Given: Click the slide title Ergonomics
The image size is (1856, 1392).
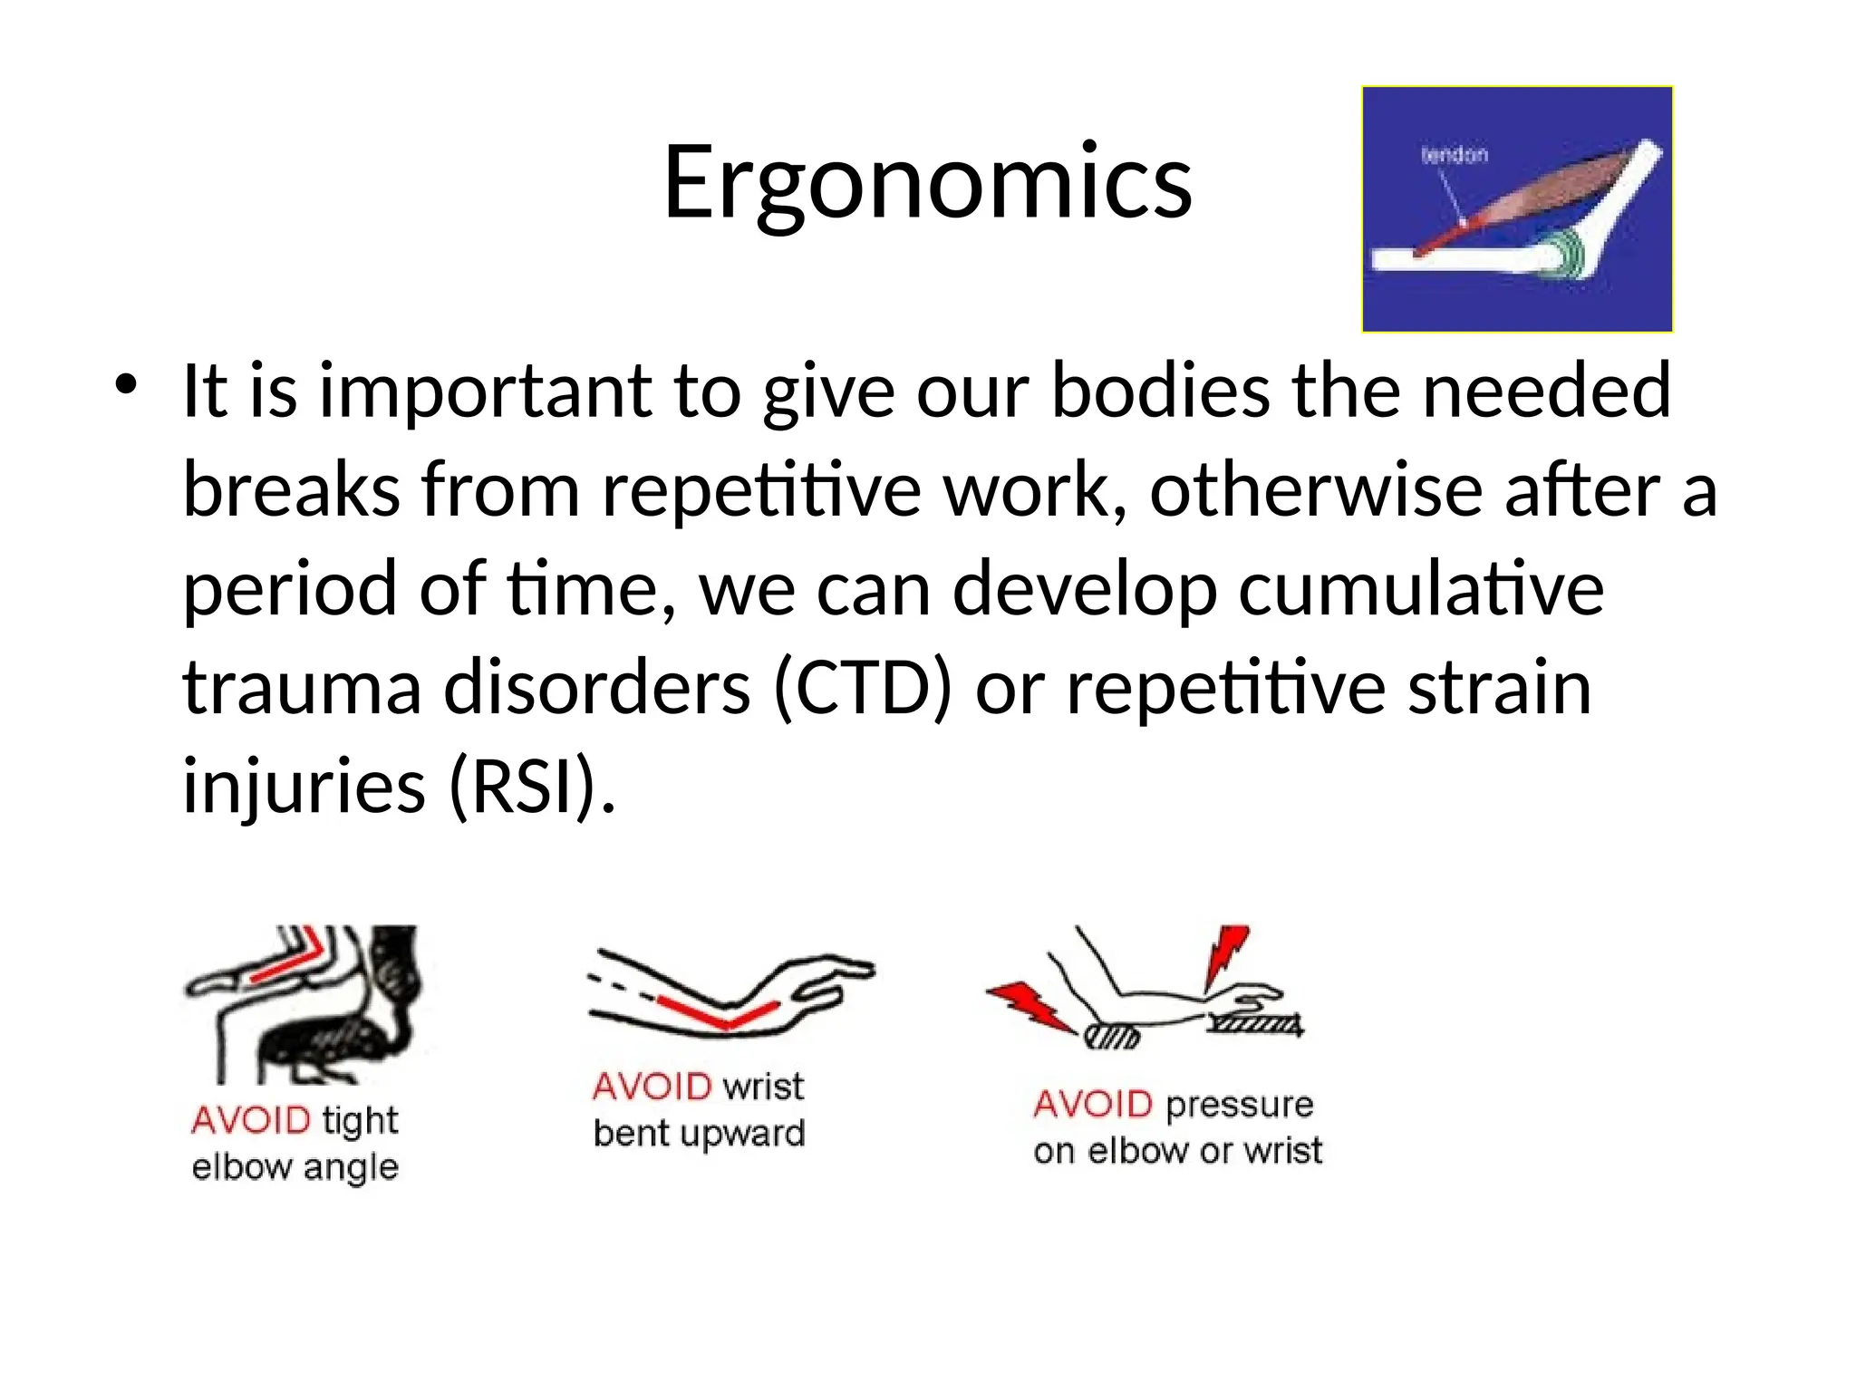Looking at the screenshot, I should (927, 184).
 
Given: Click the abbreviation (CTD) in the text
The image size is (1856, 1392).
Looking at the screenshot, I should (864, 688).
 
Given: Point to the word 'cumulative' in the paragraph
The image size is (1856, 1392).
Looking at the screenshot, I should (1421, 589).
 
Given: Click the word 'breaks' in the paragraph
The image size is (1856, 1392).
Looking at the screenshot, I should (291, 490).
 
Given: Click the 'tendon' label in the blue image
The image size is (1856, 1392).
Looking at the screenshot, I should (1454, 155).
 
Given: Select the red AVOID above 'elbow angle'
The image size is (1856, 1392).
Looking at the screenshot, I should (251, 1120).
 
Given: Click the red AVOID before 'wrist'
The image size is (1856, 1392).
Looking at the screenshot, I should (652, 1086).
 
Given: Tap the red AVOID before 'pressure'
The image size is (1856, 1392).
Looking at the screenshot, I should (1092, 1104).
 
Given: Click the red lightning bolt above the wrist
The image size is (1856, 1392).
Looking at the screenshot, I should (1225, 957).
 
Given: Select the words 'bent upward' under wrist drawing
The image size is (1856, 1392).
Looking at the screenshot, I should (699, 1133).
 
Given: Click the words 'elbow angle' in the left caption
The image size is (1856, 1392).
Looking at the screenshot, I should (295, 1167).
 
